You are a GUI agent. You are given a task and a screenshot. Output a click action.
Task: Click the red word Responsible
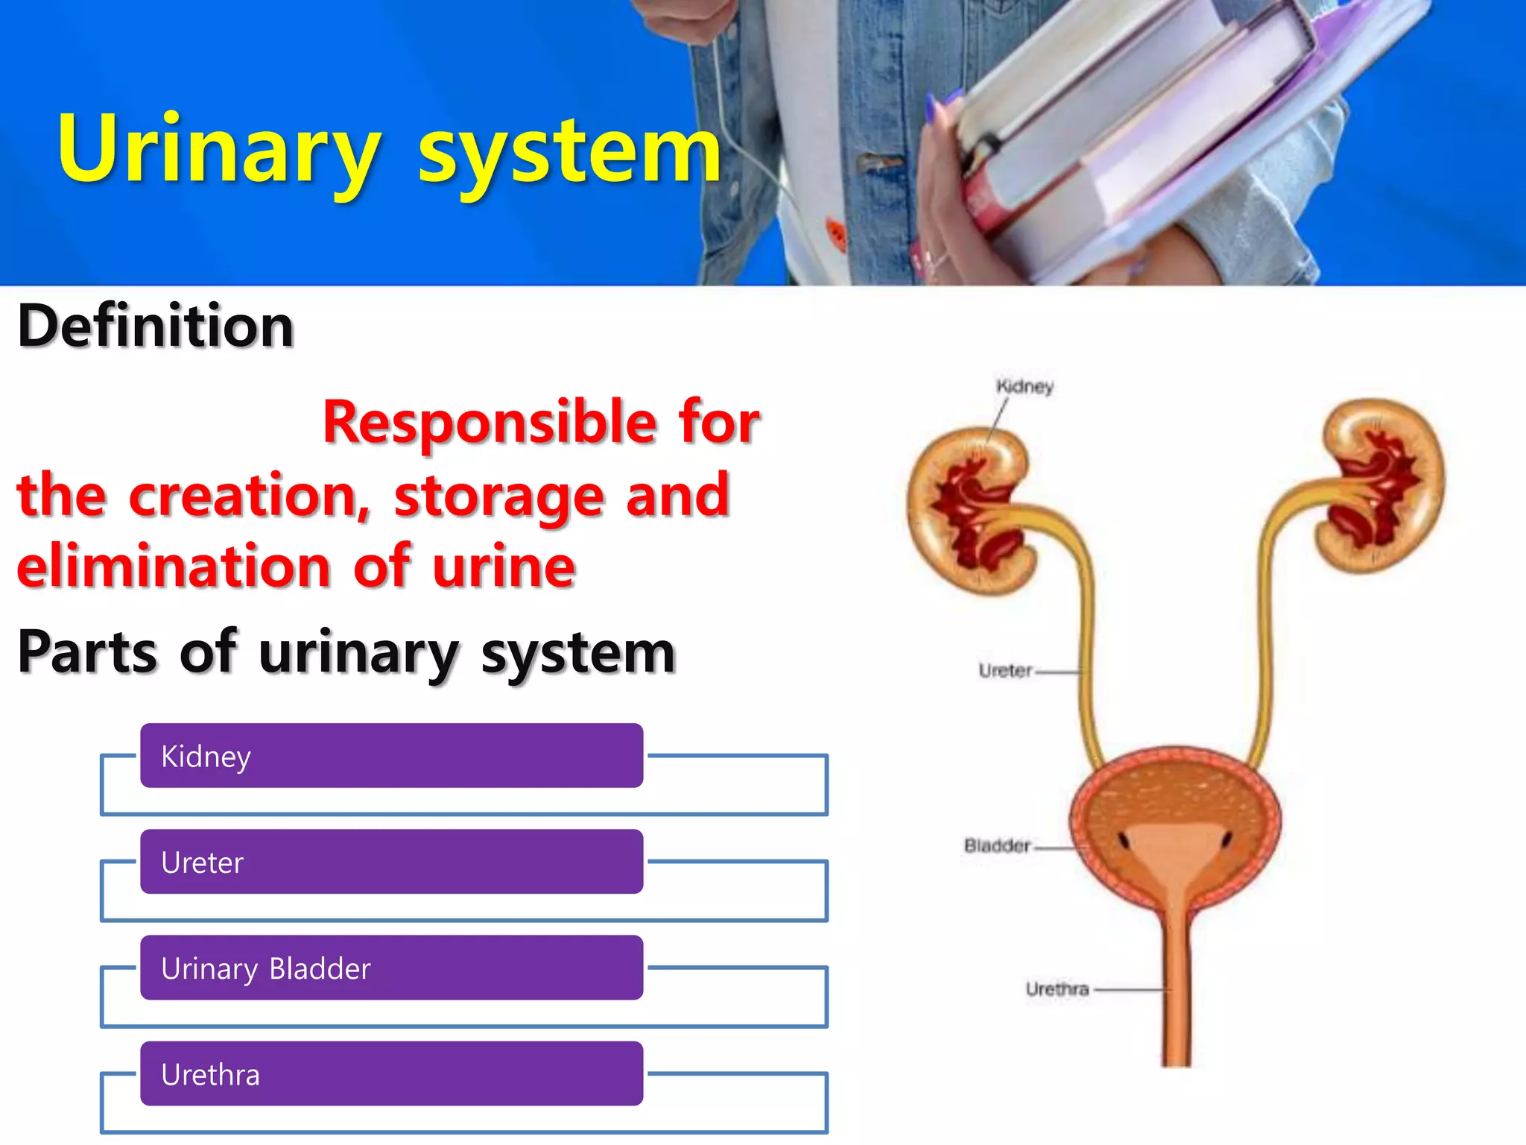point(489,423)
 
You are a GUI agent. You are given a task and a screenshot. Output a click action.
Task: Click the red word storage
point(498,496)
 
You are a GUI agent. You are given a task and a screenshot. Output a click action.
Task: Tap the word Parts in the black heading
point(87,652)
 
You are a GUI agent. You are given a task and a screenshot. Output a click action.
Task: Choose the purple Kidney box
point(391,755)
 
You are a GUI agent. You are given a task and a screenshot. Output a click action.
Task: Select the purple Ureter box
point(391,862)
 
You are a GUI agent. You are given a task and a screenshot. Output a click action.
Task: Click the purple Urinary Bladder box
point(391,968)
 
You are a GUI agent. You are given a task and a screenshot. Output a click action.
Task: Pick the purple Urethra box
point(391,1073)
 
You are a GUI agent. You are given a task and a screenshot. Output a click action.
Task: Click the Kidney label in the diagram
point(1025,386)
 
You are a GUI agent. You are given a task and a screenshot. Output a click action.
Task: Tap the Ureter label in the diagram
point(1005,671)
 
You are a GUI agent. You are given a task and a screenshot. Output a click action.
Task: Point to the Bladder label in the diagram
point(997,845)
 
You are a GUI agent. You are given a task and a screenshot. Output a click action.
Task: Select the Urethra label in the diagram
point(1057,989)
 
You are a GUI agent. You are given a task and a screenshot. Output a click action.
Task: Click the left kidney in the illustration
point(969,511)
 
